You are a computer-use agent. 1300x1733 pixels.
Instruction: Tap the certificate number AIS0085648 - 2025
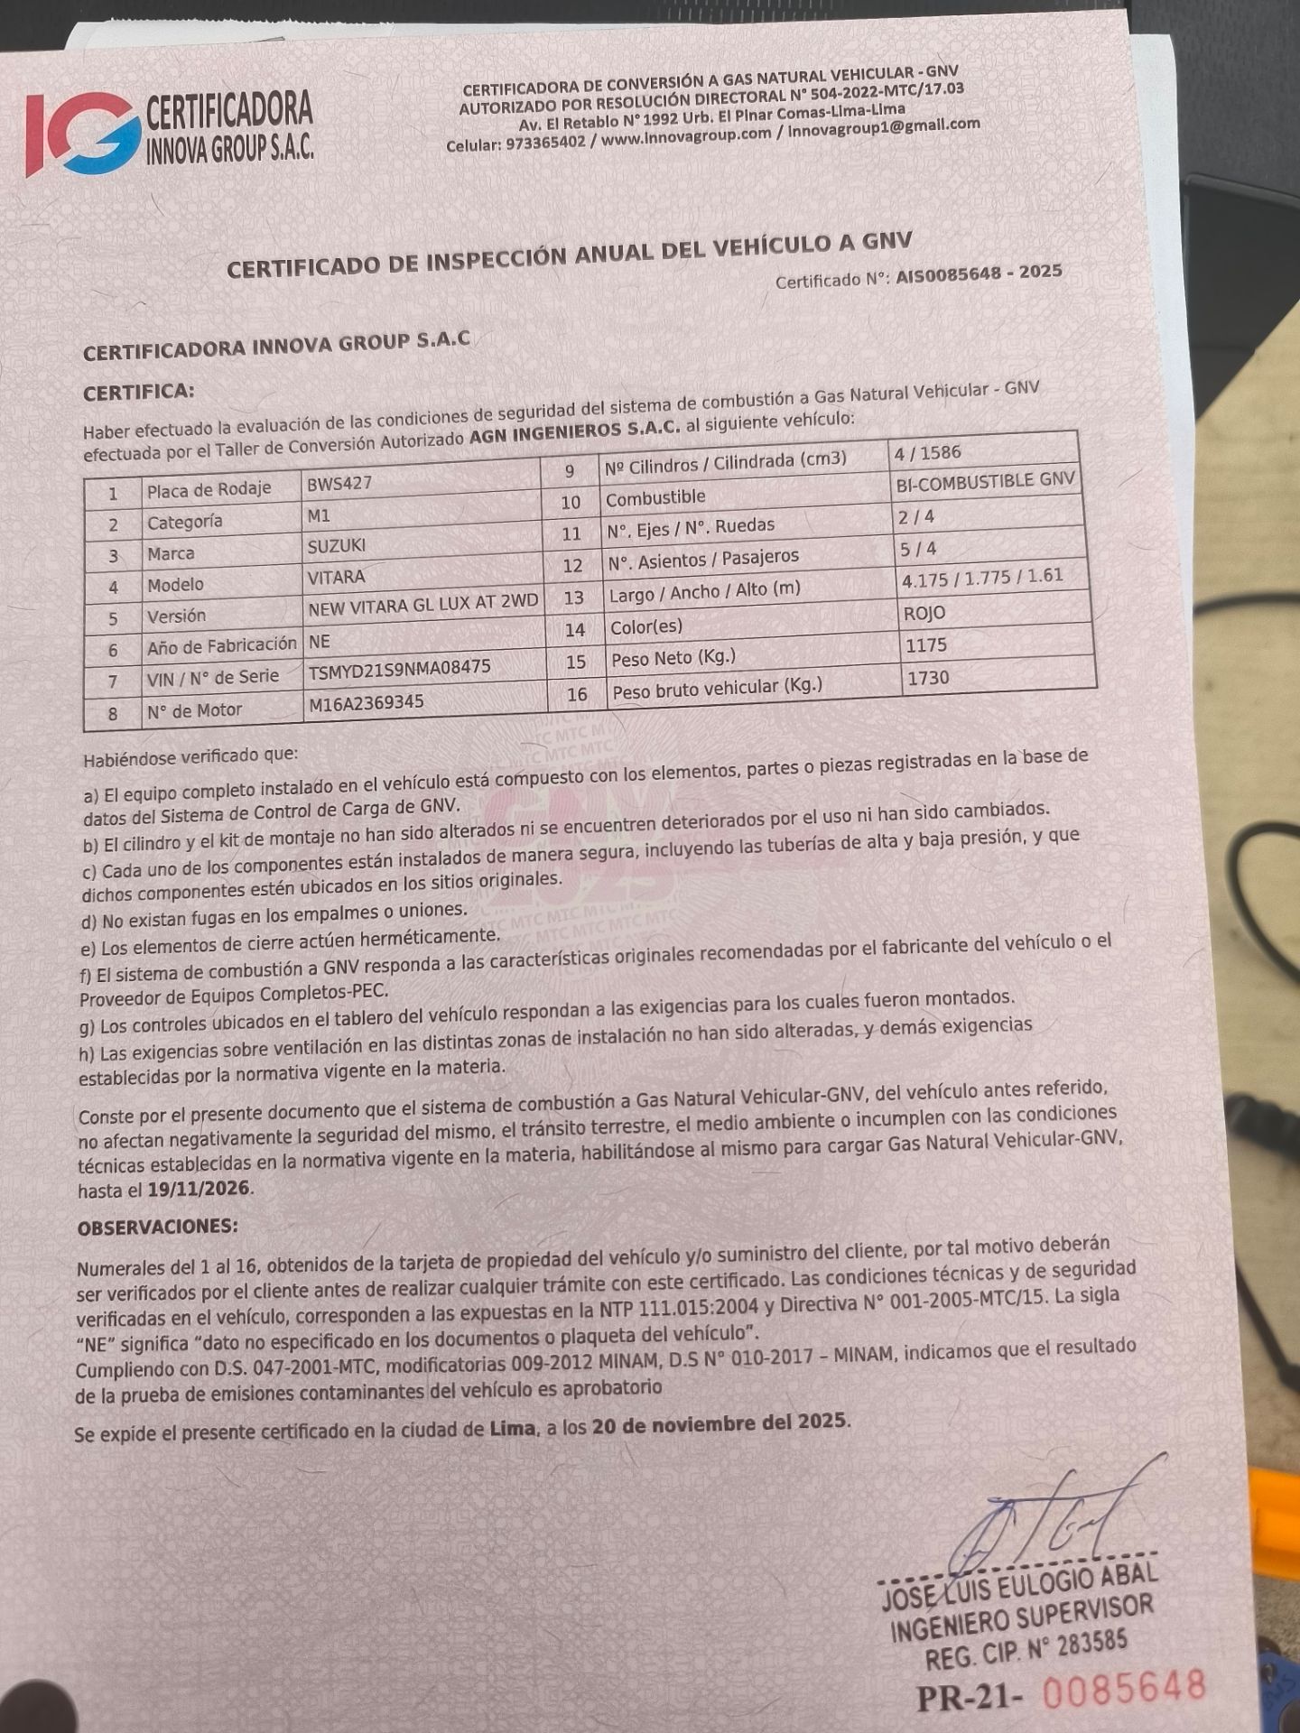979,274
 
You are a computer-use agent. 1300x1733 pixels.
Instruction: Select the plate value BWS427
339,483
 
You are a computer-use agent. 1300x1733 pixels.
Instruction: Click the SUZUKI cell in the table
336,546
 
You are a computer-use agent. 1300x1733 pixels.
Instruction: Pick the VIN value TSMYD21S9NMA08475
399,669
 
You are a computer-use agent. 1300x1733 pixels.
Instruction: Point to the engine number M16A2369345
366,702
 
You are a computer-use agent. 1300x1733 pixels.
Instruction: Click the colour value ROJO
924,613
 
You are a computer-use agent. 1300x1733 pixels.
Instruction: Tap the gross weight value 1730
929,678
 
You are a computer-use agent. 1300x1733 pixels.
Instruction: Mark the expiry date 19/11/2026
199,1189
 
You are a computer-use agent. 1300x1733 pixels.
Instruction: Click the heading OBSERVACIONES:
158,1228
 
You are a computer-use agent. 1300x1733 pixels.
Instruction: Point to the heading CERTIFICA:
138,393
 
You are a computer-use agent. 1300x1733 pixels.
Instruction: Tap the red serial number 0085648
1124,1687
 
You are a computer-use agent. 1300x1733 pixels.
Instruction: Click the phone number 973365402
545,143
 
